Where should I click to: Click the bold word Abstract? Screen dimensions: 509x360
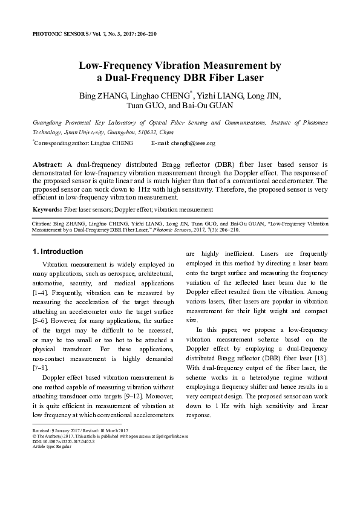47,164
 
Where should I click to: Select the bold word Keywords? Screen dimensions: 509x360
47,209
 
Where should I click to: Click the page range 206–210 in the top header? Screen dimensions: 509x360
146,34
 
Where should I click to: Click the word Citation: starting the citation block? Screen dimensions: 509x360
42,223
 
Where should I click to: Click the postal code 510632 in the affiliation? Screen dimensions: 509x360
148,131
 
